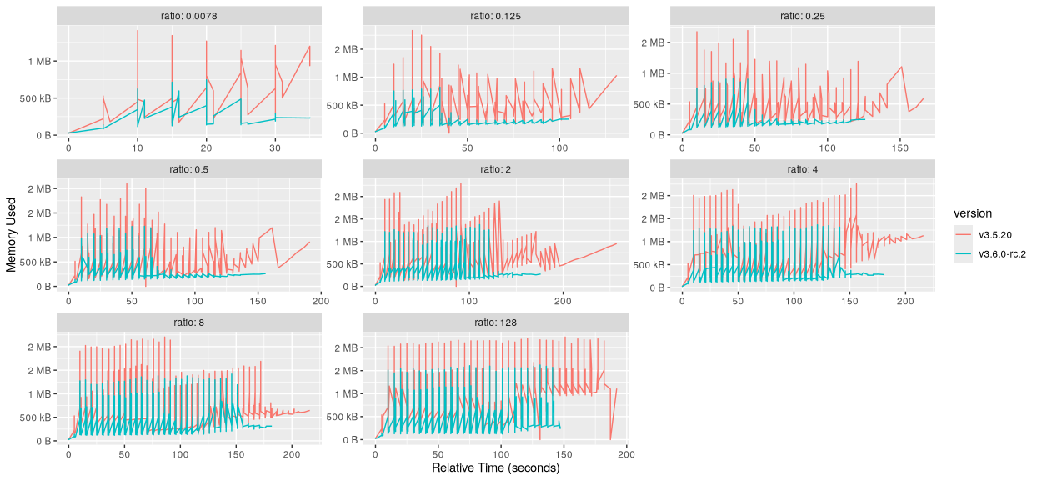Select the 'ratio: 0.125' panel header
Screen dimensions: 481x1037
[495, 16]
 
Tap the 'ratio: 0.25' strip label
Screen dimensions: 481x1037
[802, 16]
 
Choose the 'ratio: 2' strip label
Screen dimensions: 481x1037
[495, 169]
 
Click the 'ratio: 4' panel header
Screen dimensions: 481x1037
[802, 169]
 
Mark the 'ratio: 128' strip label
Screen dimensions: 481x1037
[495, 323]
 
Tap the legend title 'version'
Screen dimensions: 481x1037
[973, 213]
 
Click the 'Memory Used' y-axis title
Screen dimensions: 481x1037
[12, 233]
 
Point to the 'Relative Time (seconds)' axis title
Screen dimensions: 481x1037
[495, 468]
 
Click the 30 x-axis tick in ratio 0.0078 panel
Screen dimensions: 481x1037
[275, 147]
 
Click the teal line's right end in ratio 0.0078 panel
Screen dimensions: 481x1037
[310, 118]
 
